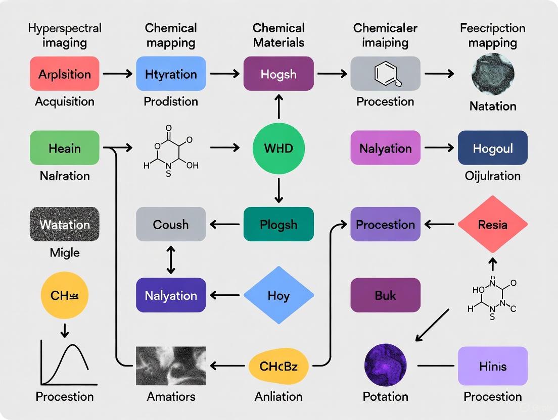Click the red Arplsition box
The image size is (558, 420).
[x=64, y=74]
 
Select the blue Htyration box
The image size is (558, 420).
[x=171, y=74]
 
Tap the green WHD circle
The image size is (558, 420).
[x=278, y=148]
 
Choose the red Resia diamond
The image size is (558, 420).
[x=492, y=224]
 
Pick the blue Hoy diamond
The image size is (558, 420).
[x=278, y=295]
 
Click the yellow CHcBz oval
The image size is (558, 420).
[x=278, y=366]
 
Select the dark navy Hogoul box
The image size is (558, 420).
[x=492, y=148]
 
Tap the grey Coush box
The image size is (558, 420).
[x=171, y=224]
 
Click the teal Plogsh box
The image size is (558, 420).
[x=278, y=224]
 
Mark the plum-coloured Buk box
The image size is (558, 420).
[x=386, y=295]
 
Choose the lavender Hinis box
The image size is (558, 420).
[x=492, y=366]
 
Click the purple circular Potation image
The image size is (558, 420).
[x=386, y=365]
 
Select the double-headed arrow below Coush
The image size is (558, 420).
[x=171, y=260]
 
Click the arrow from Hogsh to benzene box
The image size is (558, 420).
[x=332, y=74]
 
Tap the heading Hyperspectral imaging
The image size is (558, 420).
[x=65, y=35]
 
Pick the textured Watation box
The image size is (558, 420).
[x=64, y=224]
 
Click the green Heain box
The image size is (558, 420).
[x=64, y=148]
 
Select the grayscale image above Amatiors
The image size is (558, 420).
[x=171, y=366]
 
